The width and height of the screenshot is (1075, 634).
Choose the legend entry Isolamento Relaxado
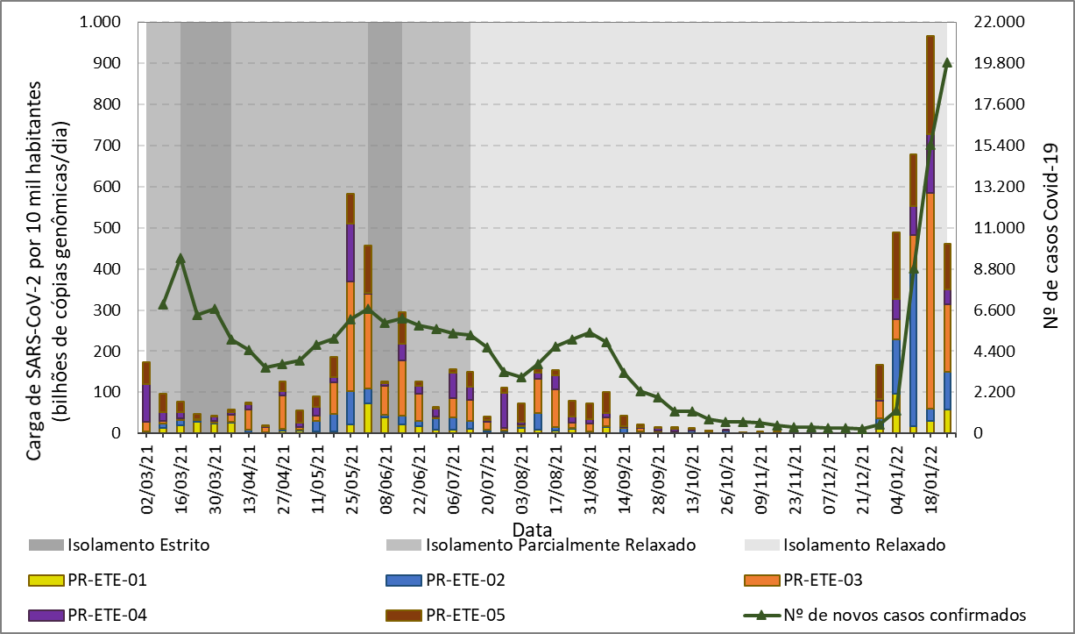coord(864,545)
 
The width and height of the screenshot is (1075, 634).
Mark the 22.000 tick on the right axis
coord(990,22)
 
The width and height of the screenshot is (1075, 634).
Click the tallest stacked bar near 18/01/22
coord(930,263)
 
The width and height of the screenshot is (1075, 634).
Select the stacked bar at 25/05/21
coord(350,351)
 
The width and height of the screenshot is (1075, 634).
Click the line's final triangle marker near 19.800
coord(947,62)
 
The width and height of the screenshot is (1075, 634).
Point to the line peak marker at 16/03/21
coord(180,259)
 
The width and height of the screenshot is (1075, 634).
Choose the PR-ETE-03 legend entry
coord(824,580)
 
